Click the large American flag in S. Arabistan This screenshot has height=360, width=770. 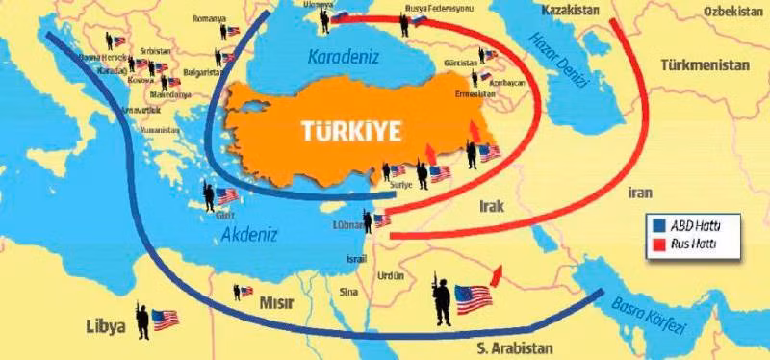coord(474,298)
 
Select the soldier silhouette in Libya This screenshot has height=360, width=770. coord(142,319)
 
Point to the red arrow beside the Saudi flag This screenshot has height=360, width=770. coord(497,276)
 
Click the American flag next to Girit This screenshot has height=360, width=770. coord(227,196)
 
